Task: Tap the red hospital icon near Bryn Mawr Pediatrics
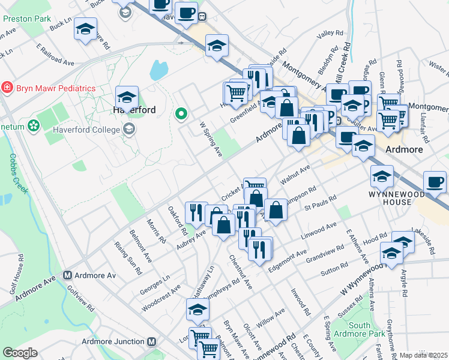tap(7, 88)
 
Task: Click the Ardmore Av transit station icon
tap(67, 276)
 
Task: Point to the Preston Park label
tap(28, 19)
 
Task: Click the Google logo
tap(20, 352)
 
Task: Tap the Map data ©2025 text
tap(424, 355)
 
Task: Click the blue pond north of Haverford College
tap(158, 70)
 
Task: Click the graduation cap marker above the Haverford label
tap(127, 97)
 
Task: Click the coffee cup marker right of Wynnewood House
tap(435, 181)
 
